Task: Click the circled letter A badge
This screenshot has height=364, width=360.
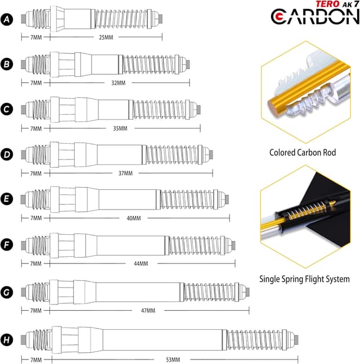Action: (7, 20)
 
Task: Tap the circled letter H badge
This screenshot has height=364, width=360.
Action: (7, 340)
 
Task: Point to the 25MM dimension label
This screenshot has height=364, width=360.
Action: (106, 37)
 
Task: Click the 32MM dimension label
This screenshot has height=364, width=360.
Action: (118, 83)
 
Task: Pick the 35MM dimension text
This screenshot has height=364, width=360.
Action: (120, 129)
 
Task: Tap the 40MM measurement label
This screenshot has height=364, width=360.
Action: (134, 218)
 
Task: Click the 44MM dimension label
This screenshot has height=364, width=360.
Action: (141, 263)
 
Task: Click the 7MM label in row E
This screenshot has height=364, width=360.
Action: (35, 218)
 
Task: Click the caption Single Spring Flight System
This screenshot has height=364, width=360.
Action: (304, 279)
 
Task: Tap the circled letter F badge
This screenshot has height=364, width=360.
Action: (7, 245)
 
